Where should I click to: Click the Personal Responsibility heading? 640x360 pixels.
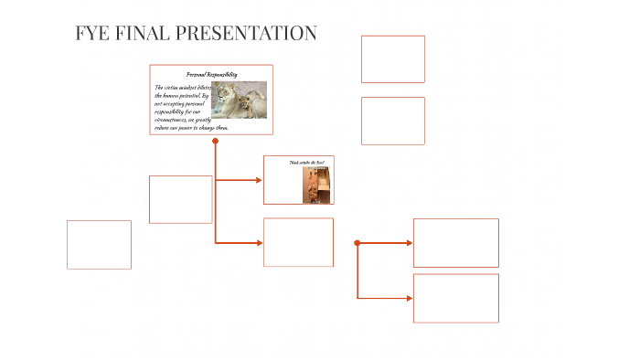(211, 74)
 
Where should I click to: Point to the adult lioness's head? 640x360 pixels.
(229, 91)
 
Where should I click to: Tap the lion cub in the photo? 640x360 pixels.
(249, 105)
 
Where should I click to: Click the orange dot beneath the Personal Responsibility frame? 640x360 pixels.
(216, 142)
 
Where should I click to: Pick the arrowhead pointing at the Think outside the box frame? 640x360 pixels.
(260, 180)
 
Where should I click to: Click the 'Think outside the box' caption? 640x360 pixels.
(307, 162)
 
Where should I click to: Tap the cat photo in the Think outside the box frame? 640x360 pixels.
(316, 185)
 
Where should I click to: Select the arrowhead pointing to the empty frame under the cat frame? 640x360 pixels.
(260, 242)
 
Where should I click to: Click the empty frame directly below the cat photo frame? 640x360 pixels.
(298, 242)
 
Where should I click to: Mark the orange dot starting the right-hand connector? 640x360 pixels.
(357, 243)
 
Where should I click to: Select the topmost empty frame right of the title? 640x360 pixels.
(392, 59)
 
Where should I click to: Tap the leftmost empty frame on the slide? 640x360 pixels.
(99, 245)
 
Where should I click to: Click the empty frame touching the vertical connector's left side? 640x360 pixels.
(180, 199)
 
